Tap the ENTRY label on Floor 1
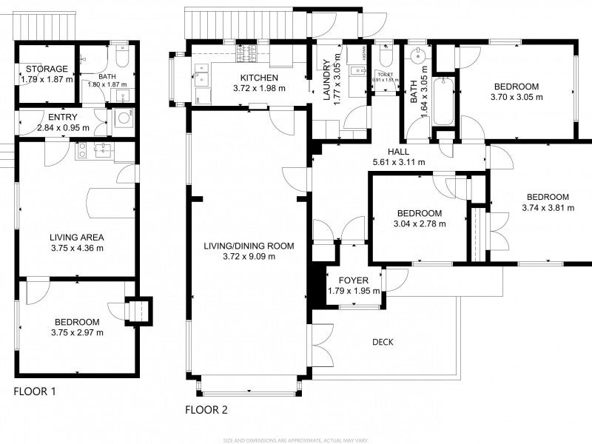62,117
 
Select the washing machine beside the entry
123,120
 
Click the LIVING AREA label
76,237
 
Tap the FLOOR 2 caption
206,409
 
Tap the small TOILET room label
384,74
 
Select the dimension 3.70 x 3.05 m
517,96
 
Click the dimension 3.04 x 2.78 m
419,223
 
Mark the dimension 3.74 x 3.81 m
548,208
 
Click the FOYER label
353,280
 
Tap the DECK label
383,342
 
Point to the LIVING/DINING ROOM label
249,246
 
